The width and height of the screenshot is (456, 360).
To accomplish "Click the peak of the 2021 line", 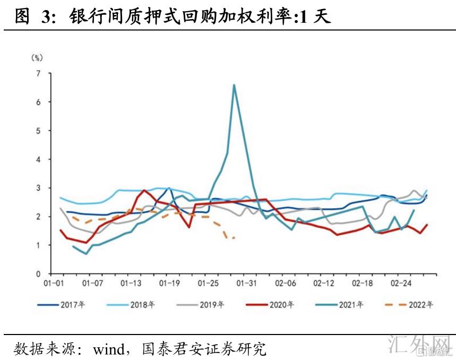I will tap(234, 85).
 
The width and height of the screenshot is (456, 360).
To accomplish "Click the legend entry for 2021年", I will tap(348, 305).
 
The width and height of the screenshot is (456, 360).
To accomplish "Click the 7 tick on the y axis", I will tap(38, 73).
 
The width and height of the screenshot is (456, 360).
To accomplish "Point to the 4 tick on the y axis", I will tap(38, 159).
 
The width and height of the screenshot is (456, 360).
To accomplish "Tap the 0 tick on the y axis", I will tap(38, 274).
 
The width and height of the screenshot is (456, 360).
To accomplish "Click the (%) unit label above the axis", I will tap(37, 57).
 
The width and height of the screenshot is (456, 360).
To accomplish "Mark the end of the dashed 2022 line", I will tap(234, 238).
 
